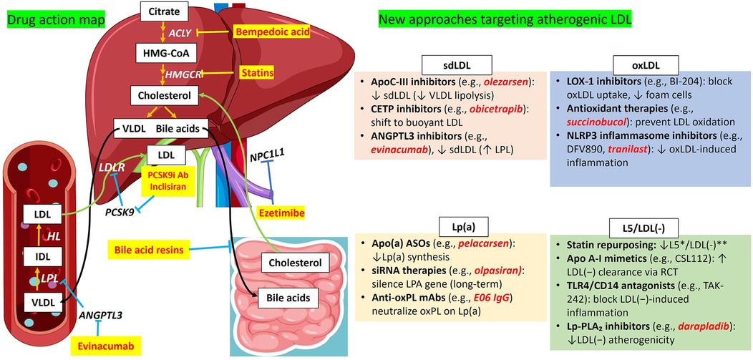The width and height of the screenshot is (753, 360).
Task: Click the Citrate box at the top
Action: (x=163, y=11)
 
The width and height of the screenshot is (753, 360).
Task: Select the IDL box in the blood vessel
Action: (x=36, y=256)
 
